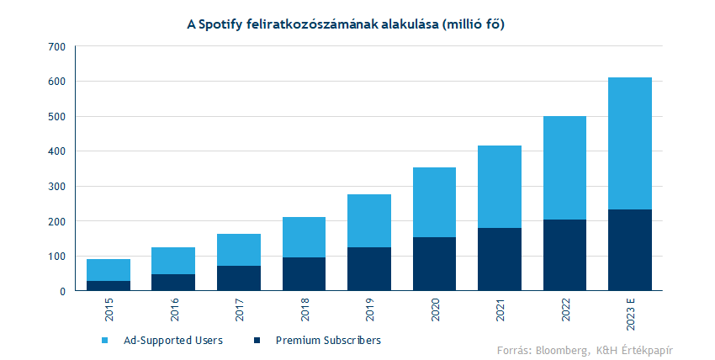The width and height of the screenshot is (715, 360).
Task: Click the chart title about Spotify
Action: click(x=357, y=25)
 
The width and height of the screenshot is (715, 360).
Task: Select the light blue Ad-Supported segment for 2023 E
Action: click(x=630, y=143)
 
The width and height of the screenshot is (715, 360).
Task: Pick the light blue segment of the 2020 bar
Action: click(x=434, y=202)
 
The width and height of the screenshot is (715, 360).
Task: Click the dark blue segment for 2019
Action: click(x=369, y=269)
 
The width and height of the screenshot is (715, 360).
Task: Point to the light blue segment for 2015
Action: click(x=109, y=270)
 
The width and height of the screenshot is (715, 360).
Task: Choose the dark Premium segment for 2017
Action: click(x=239, y=278)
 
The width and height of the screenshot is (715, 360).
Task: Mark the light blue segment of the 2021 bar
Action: click(x=500, y=187)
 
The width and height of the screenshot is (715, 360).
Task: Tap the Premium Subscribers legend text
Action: click(x=328, y=341)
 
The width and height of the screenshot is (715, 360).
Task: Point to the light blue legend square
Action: click(x=104, y=341)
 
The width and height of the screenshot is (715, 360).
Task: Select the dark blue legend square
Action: click(x=257, y=341)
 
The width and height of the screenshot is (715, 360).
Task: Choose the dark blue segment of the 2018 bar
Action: click(x=304, y=274)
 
